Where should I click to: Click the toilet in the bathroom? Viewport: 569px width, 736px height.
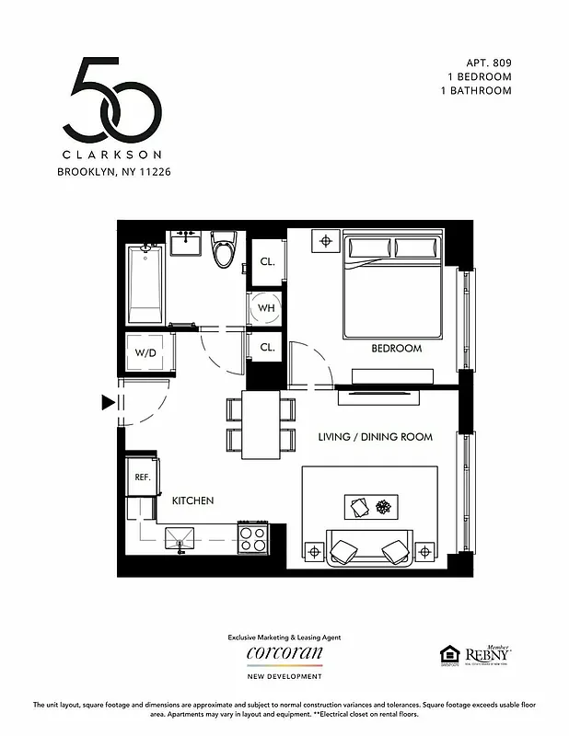(x=223, y=249)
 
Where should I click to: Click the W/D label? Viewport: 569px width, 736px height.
(x=145, y=352)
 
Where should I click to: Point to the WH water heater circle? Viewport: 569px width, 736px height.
(x=266, y=307)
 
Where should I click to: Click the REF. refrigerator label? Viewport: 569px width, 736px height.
(x=143, y=477)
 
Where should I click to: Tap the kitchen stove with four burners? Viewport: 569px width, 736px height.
(x=252, y=537)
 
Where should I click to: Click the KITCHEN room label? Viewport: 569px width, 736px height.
(x=193, y=500)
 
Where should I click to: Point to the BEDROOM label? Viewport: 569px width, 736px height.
(x=396, y=349)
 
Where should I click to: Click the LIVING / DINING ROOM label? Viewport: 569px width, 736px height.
(x=375, y=437)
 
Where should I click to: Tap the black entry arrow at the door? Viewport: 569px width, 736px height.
(x=109, y=402)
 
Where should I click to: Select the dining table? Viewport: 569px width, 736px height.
(x=261, y=424)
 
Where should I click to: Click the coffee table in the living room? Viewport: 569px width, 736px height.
(x=371, y=507)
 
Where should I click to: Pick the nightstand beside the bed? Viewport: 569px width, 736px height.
(x=324, y=242)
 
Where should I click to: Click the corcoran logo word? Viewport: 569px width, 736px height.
(x=284, y=653)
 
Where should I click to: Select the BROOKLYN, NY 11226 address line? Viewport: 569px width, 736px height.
(x=114, y=171)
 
